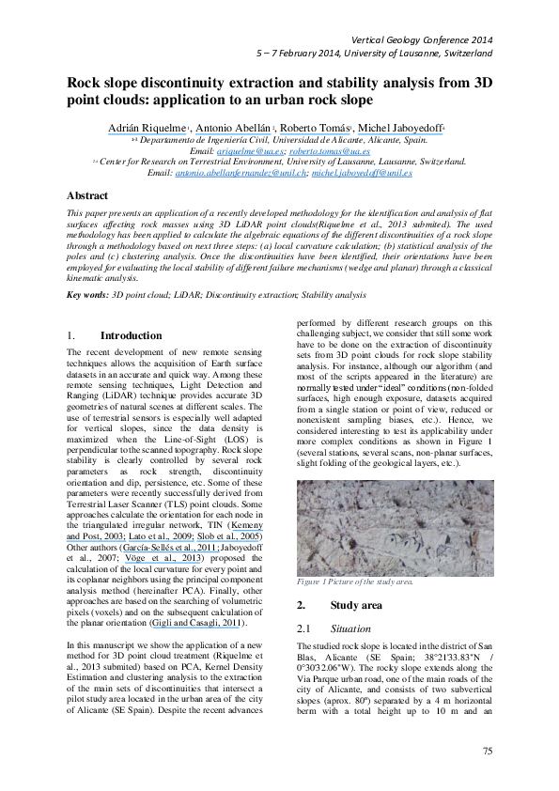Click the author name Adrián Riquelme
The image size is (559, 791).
click(x=152, y=127)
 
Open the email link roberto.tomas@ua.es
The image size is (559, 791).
click(x=329, y=150)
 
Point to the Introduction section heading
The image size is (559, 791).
click(x=131, y=335)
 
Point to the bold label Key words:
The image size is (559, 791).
click(x=86, y=295)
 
